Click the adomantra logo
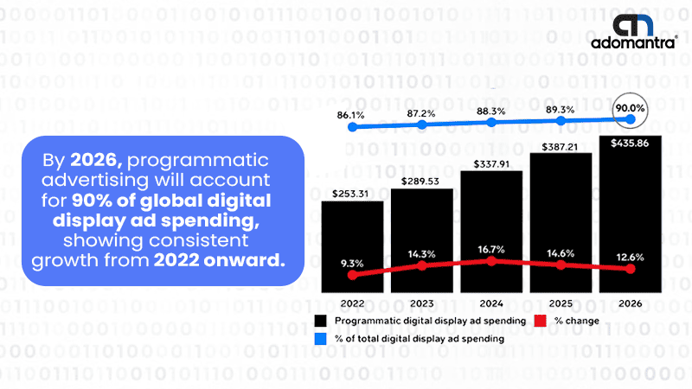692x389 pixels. pos(634,31)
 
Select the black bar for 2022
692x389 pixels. pos(352,247)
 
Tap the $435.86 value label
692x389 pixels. pos(630,143)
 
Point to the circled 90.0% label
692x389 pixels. pos(631,108)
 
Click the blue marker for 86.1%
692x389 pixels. pos(352,127)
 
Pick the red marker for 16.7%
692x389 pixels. pos(491,261)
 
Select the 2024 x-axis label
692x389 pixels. pos(491,303)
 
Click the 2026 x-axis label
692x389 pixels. pos(631,303)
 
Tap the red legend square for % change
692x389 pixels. pos(540,321)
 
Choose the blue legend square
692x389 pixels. pos(320,339)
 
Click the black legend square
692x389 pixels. pos(320,321)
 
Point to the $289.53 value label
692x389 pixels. pos(420,182)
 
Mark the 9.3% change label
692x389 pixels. pos(352,264)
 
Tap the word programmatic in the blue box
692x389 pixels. pos(198,161)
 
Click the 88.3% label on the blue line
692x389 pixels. pos(490,112)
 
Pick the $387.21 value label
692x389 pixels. pos(560,147)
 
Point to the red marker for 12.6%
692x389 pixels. pos(631,269)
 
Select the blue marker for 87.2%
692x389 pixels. pos(422,124)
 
